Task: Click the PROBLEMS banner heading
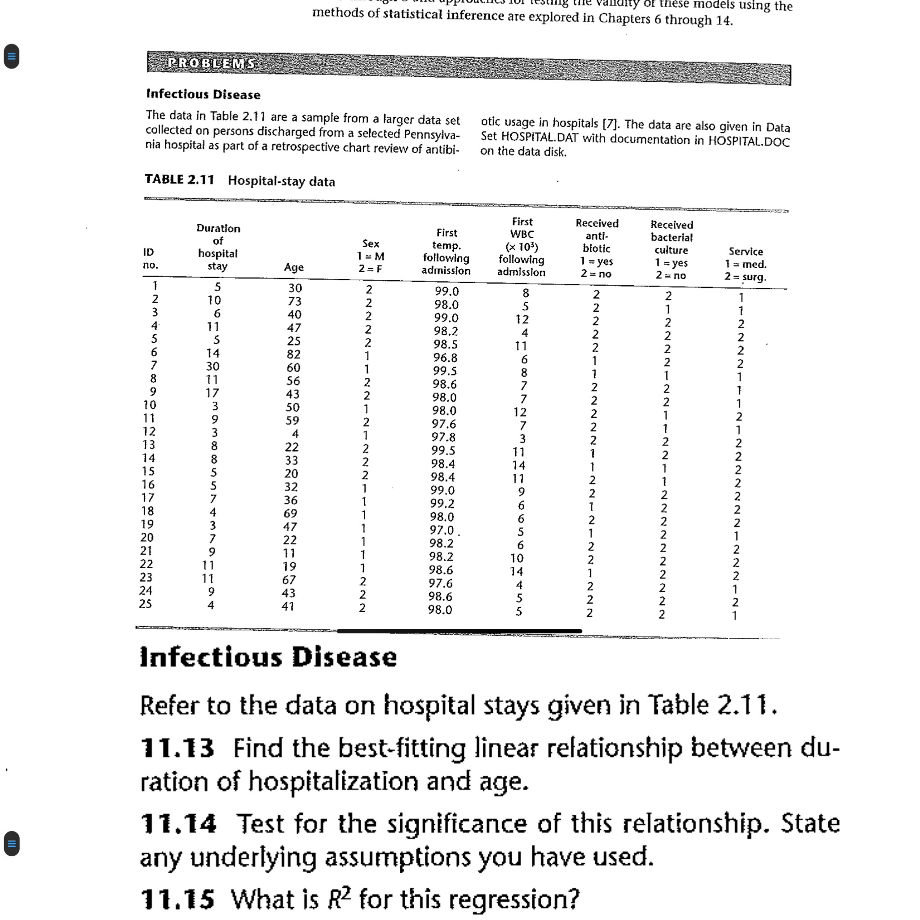coord(212,63)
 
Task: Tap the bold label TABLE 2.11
coord(180,179)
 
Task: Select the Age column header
coord(293,267)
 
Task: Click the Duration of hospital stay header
coord(218,247)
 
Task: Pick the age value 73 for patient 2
coord(294,301)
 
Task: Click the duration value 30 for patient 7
coord(212,366)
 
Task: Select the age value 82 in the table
coord(293,354)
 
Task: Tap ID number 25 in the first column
coord(145,603)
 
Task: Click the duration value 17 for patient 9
coord(212,393)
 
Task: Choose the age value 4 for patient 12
coord(295,434)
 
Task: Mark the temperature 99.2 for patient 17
coord(442,503)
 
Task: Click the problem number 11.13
coord(177,747)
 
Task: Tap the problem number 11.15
coord(177,899)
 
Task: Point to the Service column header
coord(746,264)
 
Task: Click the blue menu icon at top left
coord(11,56)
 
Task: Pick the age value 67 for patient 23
coord(288,579)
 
